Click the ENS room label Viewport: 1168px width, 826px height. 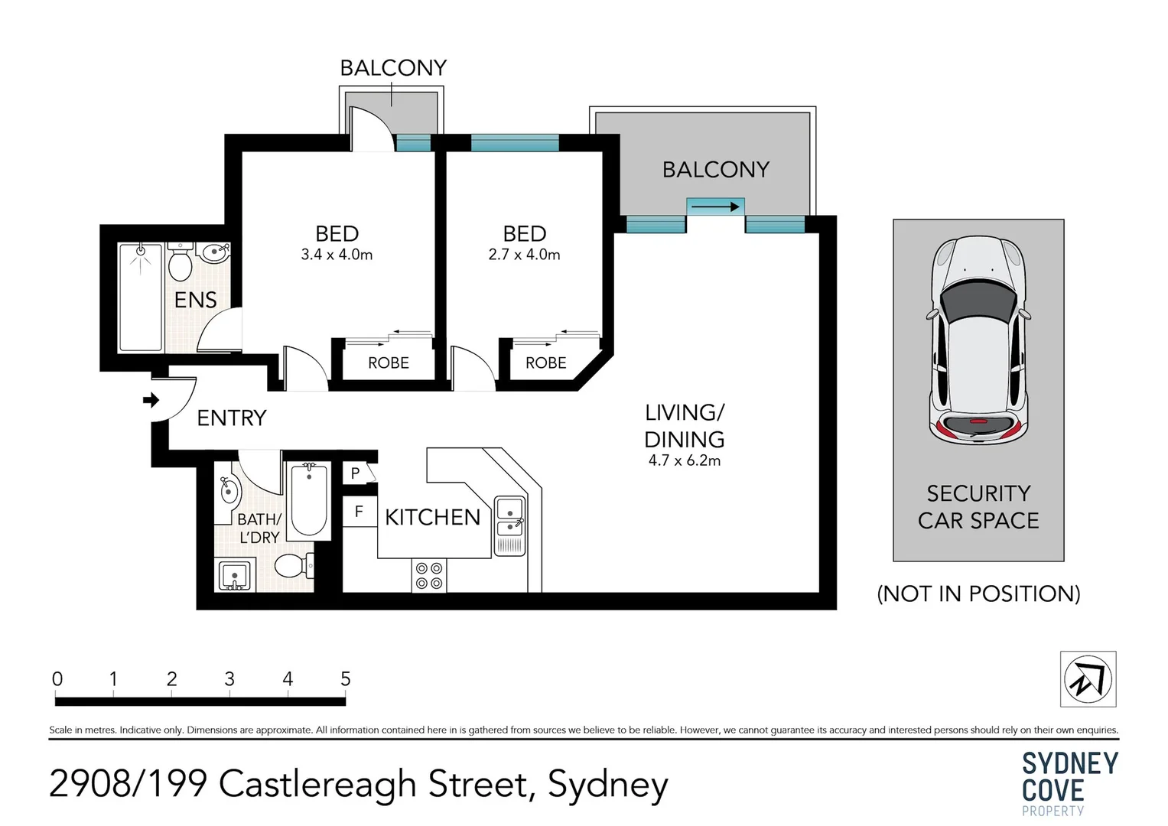(x=195, y=300)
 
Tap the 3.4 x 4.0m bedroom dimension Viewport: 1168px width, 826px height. (x=337, y=255)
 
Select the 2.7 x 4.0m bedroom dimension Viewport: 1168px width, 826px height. (x=524, y=255)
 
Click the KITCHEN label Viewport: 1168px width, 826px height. (x=432, y=518)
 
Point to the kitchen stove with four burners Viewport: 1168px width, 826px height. (x=428, y=576)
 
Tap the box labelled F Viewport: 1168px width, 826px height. (x=359, y=512)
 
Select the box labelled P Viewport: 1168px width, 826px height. (x=355, y=473)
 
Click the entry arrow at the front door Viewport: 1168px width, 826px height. (x=151, y=400)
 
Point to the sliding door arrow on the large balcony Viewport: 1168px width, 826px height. (x=714, y=206)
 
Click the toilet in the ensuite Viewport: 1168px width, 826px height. (x=181, y=264)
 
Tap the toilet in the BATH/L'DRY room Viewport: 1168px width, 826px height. (x=292, y=566)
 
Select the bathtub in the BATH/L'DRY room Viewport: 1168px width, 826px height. (x=309, y=499)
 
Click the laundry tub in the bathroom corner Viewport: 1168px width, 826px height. (x=233, y=575)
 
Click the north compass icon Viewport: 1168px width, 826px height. (x=1087, y=678)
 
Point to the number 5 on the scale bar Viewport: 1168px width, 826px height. (x=345, y=678)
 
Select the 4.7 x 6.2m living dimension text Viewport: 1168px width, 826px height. (x=684, y=460)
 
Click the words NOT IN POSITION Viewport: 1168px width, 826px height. (x=978, y=593)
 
